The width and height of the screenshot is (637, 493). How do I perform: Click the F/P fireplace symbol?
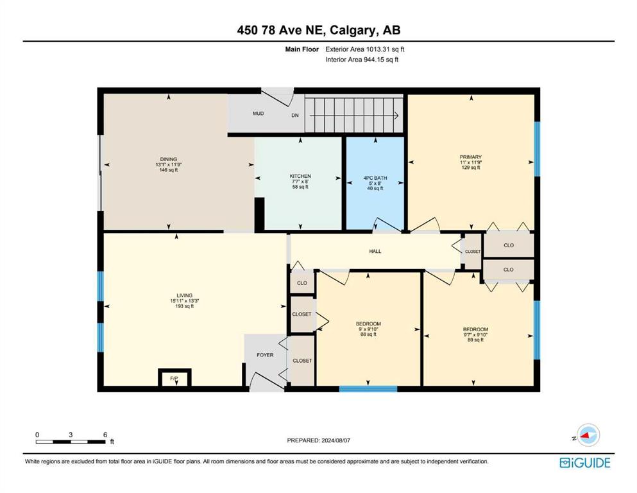point(174,377)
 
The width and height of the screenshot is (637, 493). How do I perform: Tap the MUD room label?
point(259,114)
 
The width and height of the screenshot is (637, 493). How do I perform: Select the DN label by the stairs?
point(295,116)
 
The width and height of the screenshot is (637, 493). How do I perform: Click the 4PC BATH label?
point(375,178)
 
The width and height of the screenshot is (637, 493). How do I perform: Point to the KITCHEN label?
point(300,176)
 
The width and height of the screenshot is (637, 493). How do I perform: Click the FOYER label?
point(265,355)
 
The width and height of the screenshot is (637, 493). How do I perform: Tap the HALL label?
point(375,251)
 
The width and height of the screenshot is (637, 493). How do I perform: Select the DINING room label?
point(169,159)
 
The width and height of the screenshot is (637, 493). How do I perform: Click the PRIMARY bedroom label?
point(471,157)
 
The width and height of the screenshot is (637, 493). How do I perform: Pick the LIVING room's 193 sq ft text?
point(185,306)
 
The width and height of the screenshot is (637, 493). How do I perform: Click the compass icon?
point(588,435)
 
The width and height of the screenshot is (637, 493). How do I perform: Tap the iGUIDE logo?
point(585,463)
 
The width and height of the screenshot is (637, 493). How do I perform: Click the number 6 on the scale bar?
point(105,435)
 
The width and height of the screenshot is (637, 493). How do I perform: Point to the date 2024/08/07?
point(335,440)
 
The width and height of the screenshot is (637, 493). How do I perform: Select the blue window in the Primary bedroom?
point(537,149)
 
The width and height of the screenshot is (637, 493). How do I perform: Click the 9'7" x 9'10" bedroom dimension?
point(475,334)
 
